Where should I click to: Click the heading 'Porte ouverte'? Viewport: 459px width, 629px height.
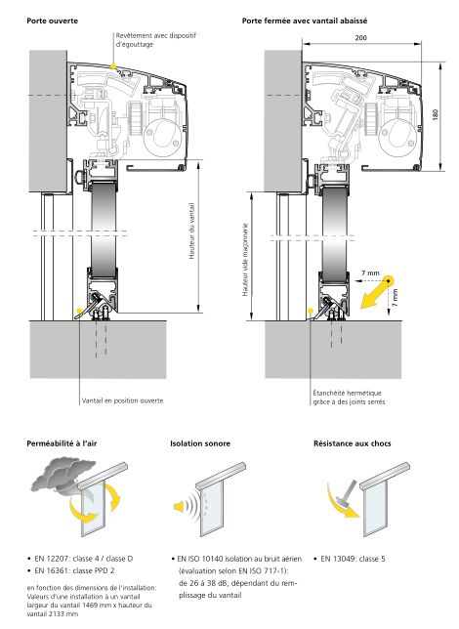[52, 21]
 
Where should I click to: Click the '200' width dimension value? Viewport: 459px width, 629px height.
[360, 38]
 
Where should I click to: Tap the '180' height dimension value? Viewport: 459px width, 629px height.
[436, 114]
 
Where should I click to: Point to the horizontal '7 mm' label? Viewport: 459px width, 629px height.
[370, 273]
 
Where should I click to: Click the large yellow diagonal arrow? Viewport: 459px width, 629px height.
[375, 293]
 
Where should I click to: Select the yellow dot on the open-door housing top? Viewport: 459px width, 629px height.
[113, 66]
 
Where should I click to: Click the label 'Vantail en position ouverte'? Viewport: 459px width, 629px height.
[122, 400]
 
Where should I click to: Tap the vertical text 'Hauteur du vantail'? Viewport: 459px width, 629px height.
[191, 231]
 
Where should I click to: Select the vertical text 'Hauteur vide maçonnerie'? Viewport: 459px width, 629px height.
[245, 260]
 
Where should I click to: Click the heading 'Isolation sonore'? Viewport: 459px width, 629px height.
[200, 443]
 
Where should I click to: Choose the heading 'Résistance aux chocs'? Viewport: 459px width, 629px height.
[353, 443]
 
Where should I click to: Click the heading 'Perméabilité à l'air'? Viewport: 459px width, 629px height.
[62, 443]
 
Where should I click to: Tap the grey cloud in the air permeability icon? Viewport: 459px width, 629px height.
[64, 474]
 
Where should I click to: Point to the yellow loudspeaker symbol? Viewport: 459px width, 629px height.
[180, 506]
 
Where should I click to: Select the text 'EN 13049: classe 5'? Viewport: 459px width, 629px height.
[353, 559]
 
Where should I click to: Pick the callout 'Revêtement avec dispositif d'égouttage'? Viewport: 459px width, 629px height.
[156, 40]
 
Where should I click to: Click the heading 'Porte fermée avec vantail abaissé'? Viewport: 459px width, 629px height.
[305, 21]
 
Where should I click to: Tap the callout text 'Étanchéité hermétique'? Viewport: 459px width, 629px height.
[348, 393]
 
